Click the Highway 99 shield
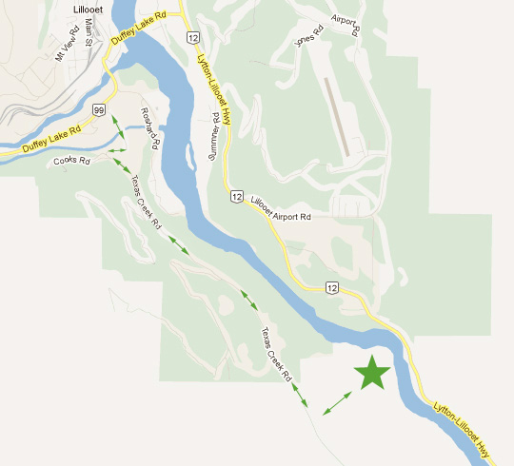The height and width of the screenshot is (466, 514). coord(98,111)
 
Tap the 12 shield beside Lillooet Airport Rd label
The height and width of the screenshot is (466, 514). coord(234,196)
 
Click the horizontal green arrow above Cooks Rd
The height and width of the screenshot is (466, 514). coord(117,150)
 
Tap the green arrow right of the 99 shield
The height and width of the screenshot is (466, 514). coord(116,125)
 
